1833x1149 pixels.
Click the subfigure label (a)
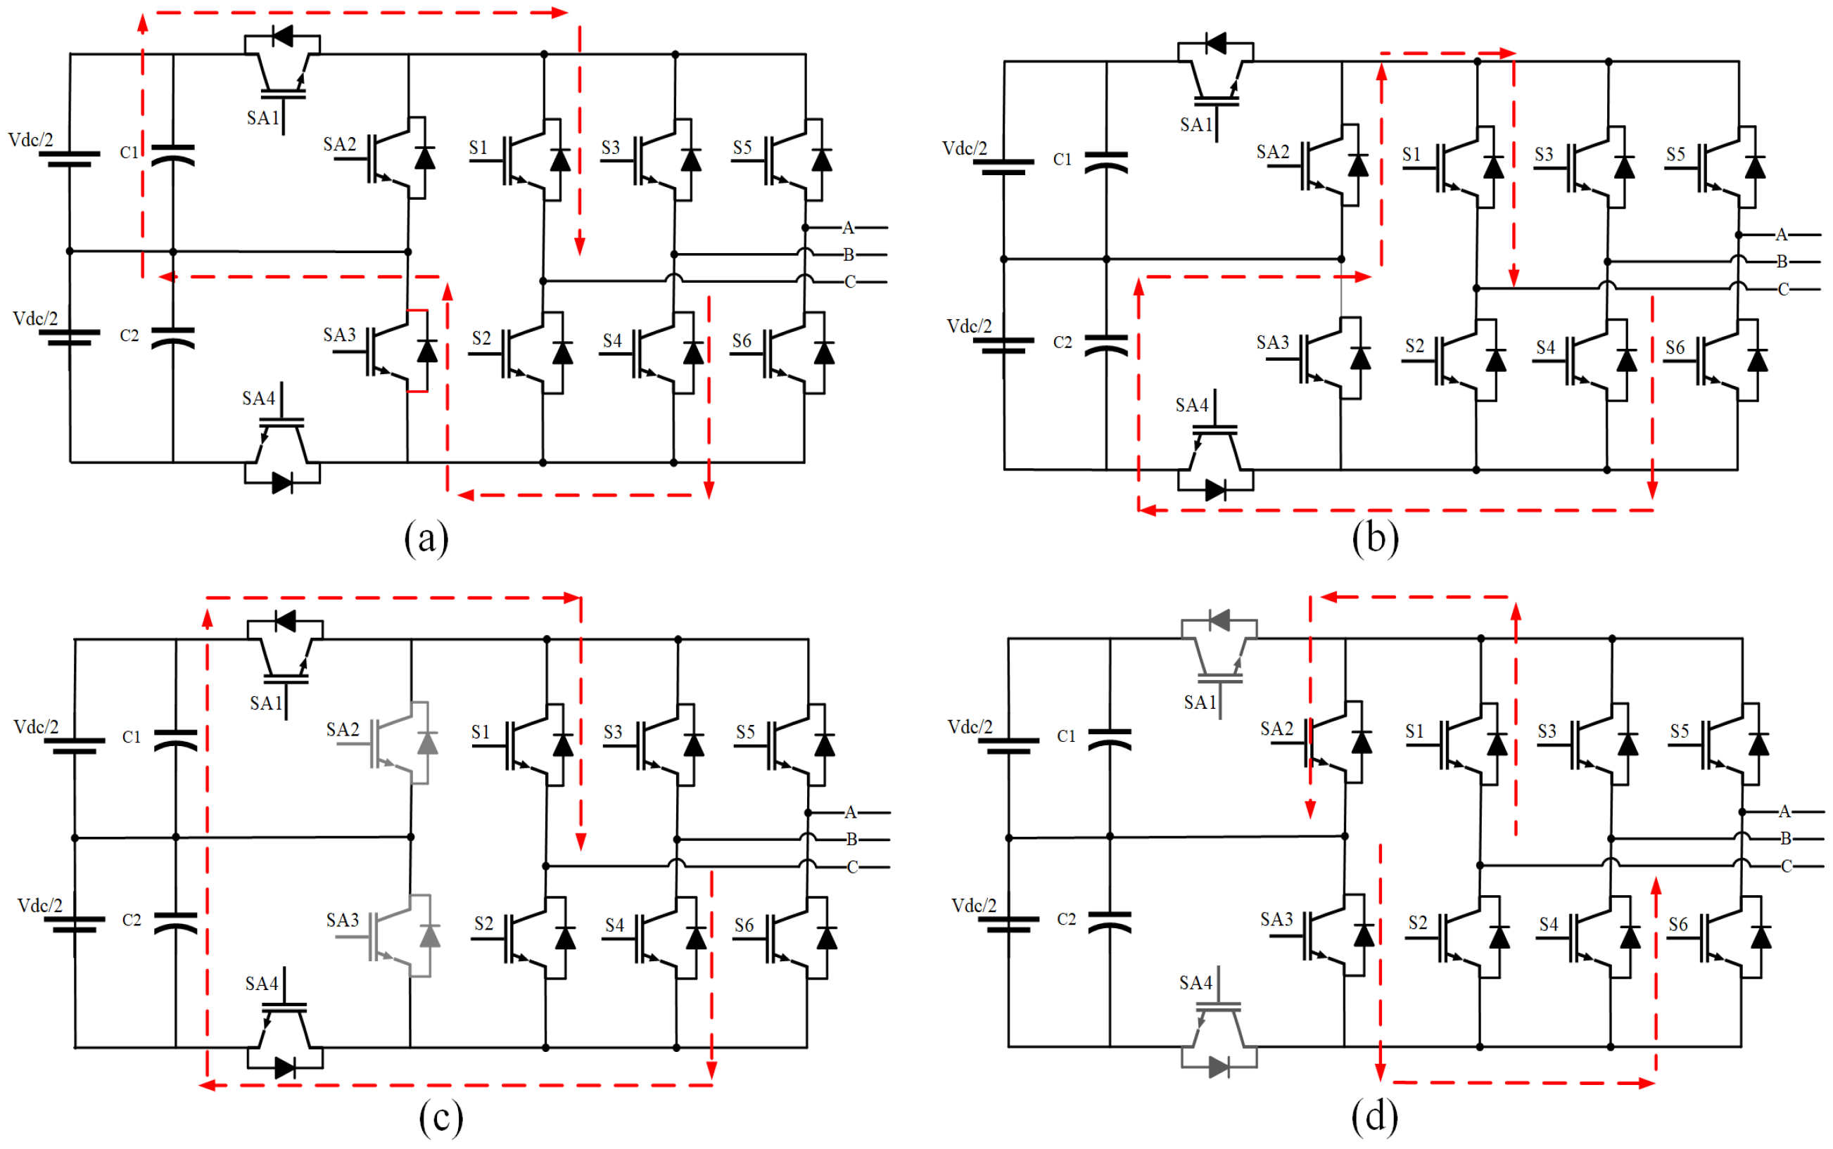click(426, 539)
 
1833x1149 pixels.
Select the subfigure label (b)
click(1374, 539)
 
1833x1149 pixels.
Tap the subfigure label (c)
click(440, 1117)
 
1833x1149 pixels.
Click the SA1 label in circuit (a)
click(263, 118)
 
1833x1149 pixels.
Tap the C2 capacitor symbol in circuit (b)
click(1106, 345)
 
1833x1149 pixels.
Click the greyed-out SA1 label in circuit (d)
click(1200, 702)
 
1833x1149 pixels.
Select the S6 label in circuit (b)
click(1675, 347)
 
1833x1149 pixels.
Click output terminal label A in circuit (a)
click(848, 227)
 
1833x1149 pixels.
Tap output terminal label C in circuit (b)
click(1783, 290)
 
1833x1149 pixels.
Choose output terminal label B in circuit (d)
click(1785, 838)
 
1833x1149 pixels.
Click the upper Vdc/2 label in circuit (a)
click(30, 140)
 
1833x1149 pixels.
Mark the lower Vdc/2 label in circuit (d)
click(973, 905)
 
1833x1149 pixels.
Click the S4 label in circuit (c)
click(614, 925)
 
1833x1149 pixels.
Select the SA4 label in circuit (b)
click(1191, 405)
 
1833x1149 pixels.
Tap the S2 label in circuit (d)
click(1417, 923)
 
